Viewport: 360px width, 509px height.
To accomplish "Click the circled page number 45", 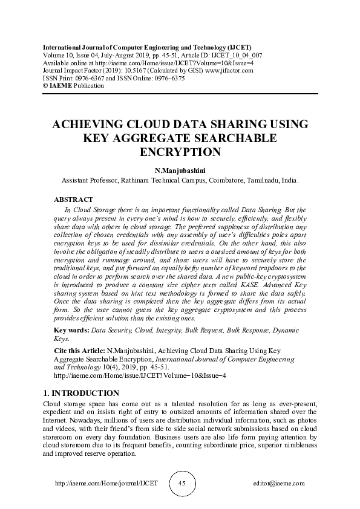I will tap(182, 484).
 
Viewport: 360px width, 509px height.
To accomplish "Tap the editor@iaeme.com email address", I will tap(280, 484).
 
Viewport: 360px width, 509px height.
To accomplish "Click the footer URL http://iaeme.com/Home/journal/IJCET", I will tap(106, 484).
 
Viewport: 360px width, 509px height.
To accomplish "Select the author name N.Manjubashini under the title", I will tap(180, 170).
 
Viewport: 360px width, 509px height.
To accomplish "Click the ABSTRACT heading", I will tap(74, 199).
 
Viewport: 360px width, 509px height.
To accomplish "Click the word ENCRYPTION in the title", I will tap(180, 151).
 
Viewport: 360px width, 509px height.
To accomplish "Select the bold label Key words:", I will tap(71, 331).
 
